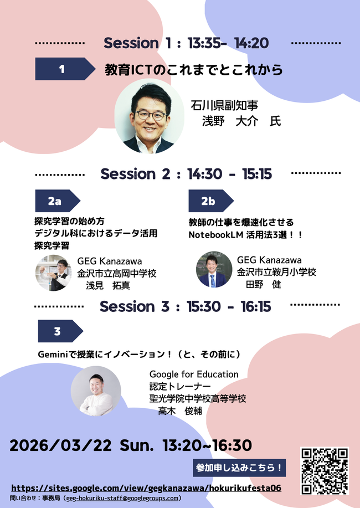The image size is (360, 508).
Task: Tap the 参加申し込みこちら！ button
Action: click(239, 468)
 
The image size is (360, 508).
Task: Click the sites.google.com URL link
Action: click(146, 488)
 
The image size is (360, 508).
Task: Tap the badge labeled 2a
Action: click(56, 201)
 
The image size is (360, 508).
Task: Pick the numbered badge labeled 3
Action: click(59, 331)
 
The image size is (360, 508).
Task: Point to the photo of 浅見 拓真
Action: click(53, 273)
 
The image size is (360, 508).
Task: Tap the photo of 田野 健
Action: click(214, 270)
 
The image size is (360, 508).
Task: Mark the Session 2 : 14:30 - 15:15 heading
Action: click(186, 173)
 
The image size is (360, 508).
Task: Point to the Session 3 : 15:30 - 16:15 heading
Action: click(185, 306)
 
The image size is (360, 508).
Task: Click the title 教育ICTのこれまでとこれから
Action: click(194, 70)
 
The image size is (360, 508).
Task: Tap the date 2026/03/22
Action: click(61, 445)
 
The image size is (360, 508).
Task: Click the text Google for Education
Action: click(193, 374)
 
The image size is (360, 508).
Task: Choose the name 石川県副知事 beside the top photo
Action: click(224, 105)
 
